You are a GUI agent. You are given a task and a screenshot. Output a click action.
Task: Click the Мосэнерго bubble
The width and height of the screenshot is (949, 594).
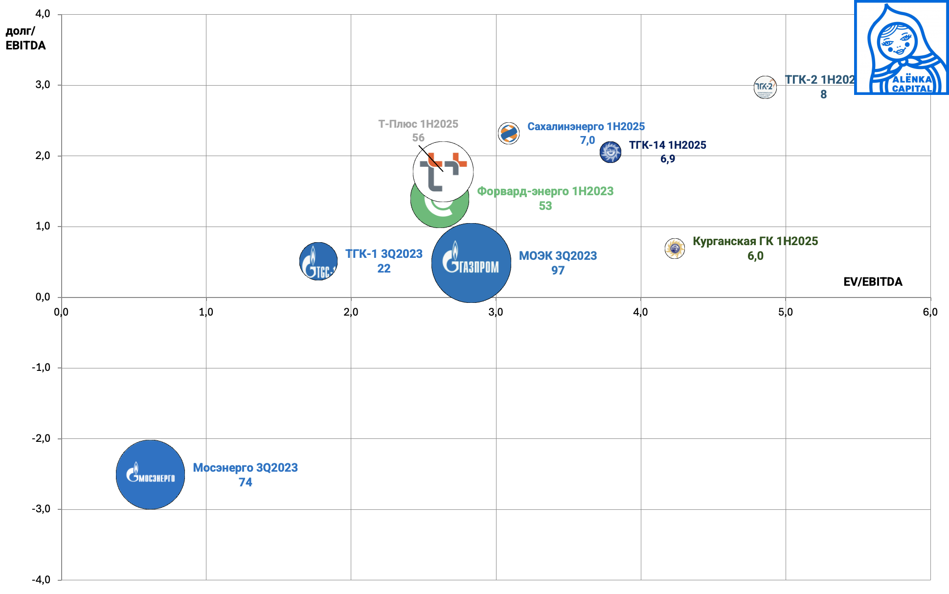150,475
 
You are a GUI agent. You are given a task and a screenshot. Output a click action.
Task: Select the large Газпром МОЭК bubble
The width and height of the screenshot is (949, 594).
471,263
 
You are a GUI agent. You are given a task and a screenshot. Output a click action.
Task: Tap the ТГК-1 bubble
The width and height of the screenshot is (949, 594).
318,261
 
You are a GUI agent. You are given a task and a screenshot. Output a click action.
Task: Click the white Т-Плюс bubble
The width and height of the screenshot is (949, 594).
443,171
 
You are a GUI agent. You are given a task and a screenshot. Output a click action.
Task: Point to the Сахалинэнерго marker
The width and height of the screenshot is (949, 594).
509,133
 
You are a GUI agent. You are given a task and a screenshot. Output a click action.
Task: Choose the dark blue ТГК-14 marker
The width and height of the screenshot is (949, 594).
610,152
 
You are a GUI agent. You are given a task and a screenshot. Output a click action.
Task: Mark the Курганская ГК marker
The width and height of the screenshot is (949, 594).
675,249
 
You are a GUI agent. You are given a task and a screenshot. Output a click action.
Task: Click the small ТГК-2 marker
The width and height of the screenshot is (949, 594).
765,88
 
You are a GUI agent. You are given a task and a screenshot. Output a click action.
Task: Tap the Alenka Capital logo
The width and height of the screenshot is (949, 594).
901,47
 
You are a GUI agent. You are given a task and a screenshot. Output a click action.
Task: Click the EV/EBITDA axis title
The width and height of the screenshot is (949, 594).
873,282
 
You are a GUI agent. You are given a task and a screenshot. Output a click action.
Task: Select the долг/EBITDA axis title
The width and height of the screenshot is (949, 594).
25,38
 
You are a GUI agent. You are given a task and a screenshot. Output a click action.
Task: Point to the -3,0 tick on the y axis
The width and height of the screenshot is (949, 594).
41,509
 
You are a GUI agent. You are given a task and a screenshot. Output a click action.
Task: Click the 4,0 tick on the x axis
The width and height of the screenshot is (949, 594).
640,312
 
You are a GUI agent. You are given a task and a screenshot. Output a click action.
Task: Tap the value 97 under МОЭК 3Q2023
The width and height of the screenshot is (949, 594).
558,271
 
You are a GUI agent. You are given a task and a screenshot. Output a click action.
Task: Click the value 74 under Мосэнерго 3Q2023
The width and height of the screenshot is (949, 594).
245,482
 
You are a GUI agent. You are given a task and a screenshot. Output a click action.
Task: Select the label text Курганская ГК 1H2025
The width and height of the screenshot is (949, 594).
755,241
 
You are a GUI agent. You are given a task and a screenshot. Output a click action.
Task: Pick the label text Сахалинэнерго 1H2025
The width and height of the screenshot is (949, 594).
586,127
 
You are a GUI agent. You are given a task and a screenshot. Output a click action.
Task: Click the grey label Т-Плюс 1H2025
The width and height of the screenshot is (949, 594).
418,124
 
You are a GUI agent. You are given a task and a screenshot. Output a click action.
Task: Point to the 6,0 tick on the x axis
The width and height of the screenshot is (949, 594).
930,312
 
